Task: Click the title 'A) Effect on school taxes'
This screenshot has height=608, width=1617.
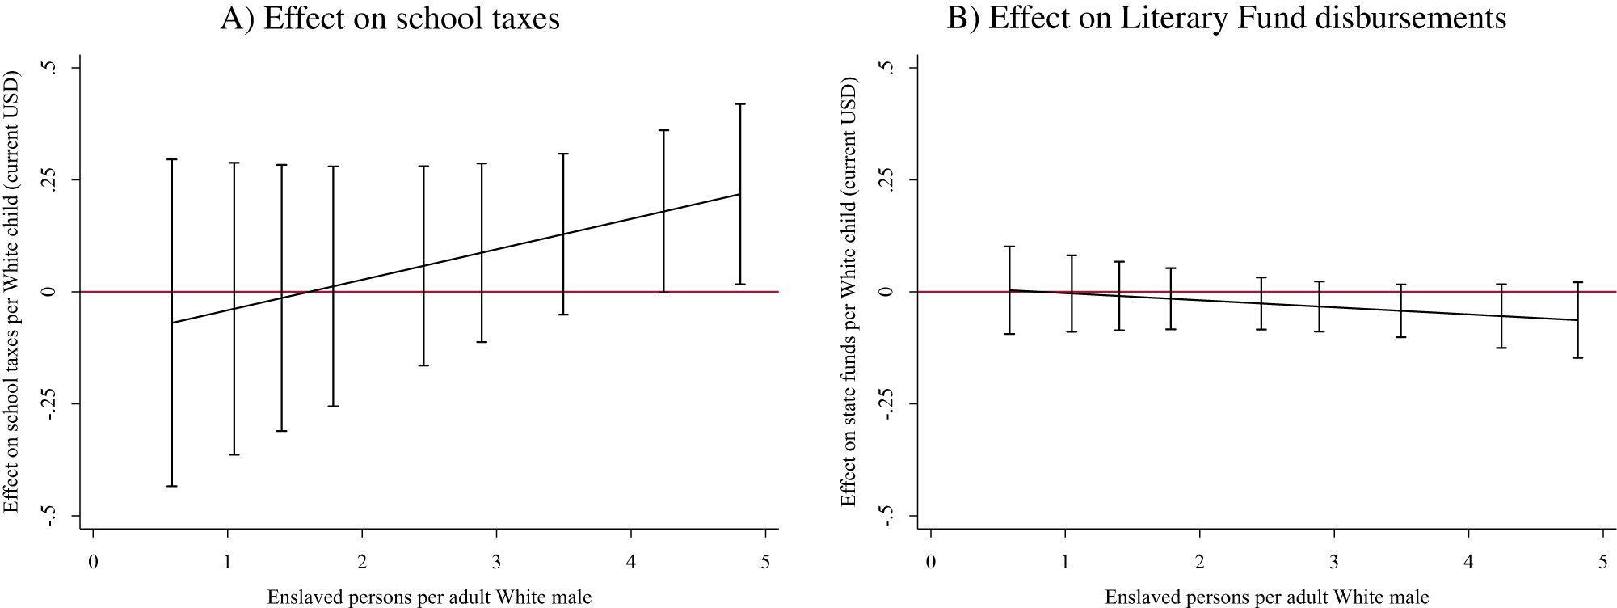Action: tap(390, 18)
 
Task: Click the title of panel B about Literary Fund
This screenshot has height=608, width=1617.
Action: tap(1227, 18)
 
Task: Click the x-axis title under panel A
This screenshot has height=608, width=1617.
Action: tap(429, 597)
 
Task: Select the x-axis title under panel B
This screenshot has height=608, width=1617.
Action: tap(1266, 597)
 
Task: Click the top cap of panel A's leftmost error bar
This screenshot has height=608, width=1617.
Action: tap(172, 160)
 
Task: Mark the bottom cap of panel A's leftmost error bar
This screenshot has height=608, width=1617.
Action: tap(172, 486)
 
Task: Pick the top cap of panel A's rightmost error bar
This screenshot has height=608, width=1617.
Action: tap(739, 104)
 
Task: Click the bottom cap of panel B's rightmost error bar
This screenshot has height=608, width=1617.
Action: tap(1577, 357)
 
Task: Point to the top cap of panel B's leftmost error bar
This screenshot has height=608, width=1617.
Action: tap(1010, 247)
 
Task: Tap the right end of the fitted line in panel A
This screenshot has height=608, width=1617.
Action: tap(739, 194)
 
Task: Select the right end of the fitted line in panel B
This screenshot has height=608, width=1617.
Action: tap(1577, 320)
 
